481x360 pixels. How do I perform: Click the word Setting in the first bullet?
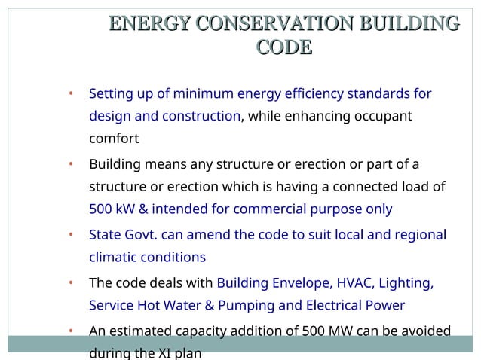pos(109,94)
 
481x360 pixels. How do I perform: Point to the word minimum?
pos(203,94)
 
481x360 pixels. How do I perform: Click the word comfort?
pos(114,139)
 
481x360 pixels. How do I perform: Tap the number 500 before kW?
pos(101,209)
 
